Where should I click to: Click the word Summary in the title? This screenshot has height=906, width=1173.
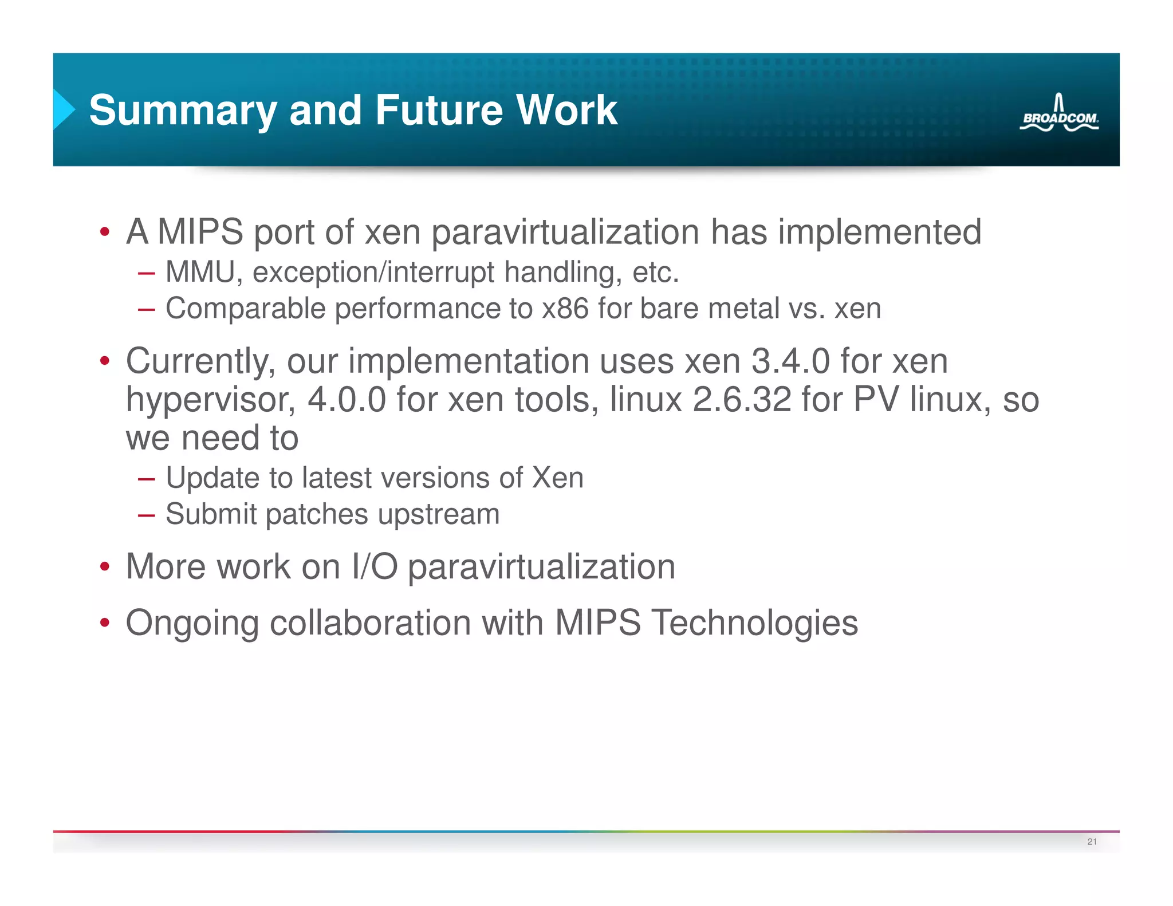183,110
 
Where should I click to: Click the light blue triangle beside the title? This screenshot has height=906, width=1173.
64,109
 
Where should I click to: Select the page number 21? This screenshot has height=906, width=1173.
1092,841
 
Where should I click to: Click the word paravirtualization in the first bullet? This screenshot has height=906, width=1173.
565,232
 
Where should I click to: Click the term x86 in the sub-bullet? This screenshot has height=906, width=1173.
565,309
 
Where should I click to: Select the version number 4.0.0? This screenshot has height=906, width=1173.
347,400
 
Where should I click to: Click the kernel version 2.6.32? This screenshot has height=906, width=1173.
742,400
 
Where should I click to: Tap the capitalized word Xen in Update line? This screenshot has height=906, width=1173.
557,478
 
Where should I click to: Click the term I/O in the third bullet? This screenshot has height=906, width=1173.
375,567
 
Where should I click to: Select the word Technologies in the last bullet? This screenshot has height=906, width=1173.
754,623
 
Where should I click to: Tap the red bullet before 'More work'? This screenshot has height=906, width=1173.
104,567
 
